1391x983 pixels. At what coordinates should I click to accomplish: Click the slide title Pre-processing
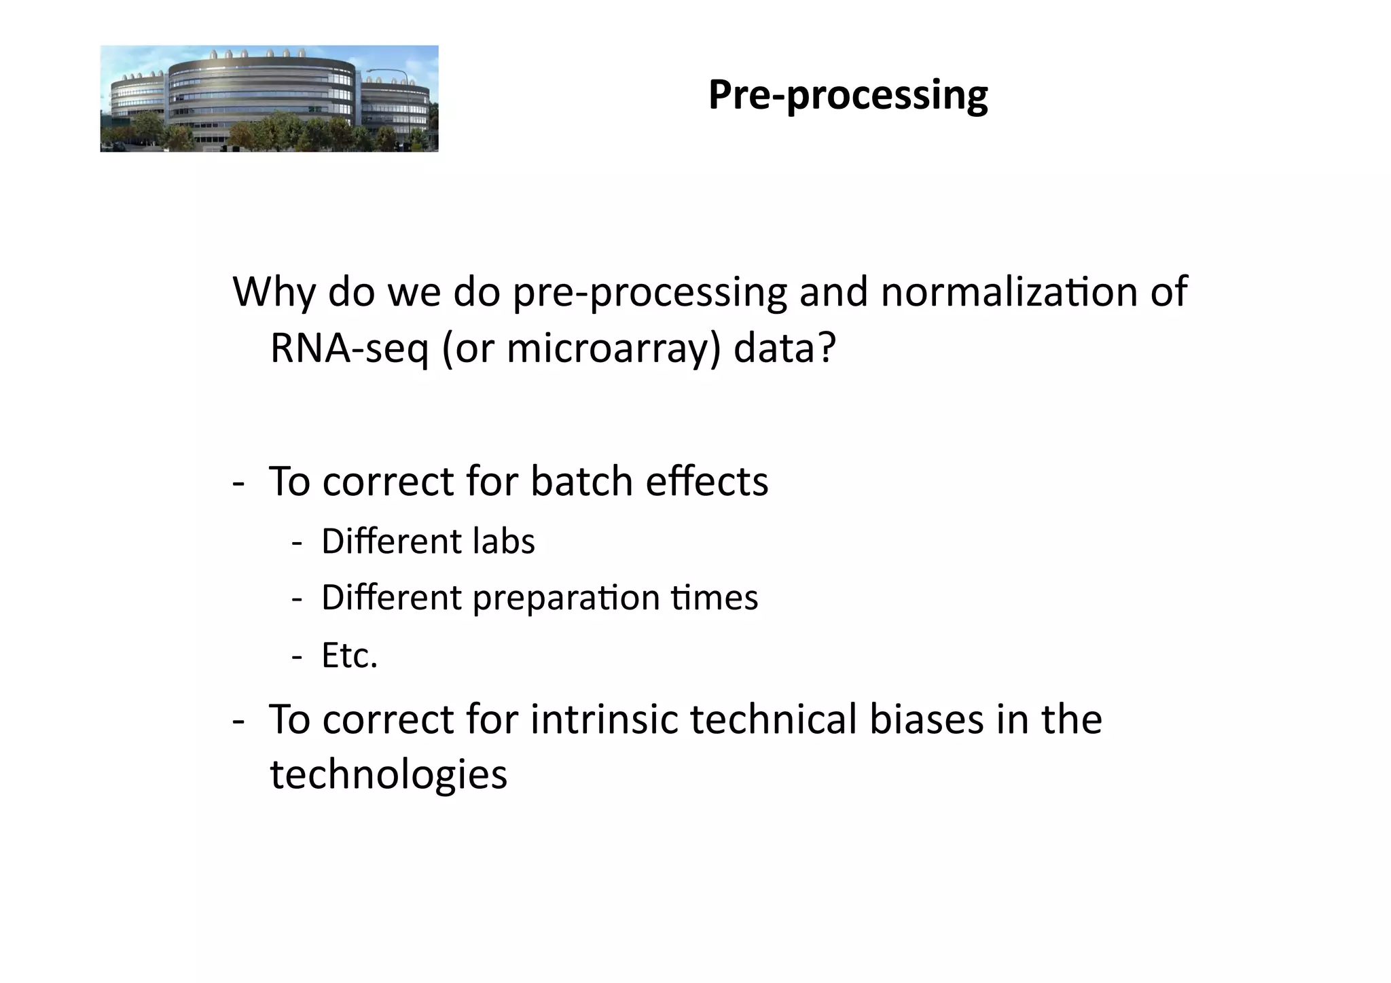tap(848, 95)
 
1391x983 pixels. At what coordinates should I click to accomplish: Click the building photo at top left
tap(269, 99)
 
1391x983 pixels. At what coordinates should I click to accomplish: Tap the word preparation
tap(566, 598)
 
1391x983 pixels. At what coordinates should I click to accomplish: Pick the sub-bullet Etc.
tap(349, 656)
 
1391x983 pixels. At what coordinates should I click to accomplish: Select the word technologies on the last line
tap(389, 774)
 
